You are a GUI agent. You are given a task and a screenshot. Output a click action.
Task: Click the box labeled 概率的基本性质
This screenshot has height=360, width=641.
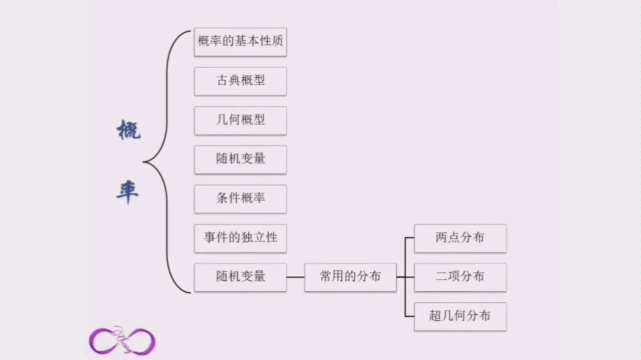coord(240,42)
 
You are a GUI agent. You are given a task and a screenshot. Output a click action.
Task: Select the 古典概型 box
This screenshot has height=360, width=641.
coord(240,81)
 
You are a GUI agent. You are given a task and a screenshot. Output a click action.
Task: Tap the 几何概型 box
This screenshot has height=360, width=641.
coord(240,120)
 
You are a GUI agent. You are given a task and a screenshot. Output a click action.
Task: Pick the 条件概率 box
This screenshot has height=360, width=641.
coord(240,199)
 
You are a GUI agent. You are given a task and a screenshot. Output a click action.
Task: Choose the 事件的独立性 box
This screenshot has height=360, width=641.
coord(240,238)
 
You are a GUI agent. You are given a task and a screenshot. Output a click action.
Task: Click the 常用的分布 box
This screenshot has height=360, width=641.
coord(350,277)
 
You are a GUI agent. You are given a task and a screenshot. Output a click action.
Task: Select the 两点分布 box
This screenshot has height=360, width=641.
coord(460,238)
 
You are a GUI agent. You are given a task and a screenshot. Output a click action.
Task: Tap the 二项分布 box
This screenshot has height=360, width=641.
coord(460,277)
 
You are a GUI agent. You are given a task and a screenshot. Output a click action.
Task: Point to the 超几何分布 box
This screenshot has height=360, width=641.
coord(460,316)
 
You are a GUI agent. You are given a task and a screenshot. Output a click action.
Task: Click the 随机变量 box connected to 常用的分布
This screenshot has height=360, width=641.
coord(240,277)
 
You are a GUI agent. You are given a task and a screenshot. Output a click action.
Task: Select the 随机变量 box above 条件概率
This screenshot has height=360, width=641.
coord(240,159)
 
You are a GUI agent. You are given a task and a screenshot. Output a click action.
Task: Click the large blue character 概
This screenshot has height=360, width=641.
coord(128,131)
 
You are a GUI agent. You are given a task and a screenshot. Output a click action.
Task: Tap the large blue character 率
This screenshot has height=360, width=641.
coord(127,192)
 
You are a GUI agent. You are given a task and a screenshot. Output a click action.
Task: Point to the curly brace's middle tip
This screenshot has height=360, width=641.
coord(144,162)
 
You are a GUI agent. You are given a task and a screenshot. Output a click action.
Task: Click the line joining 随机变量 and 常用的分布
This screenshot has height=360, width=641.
coord(295,277)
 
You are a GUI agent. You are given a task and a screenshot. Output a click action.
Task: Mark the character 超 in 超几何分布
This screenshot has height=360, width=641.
coord(435,316)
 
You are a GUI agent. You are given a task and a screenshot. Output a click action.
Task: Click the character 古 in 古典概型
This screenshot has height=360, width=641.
coord(222,81)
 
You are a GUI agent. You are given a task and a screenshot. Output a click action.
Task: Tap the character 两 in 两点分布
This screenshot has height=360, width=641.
coord(441,238)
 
